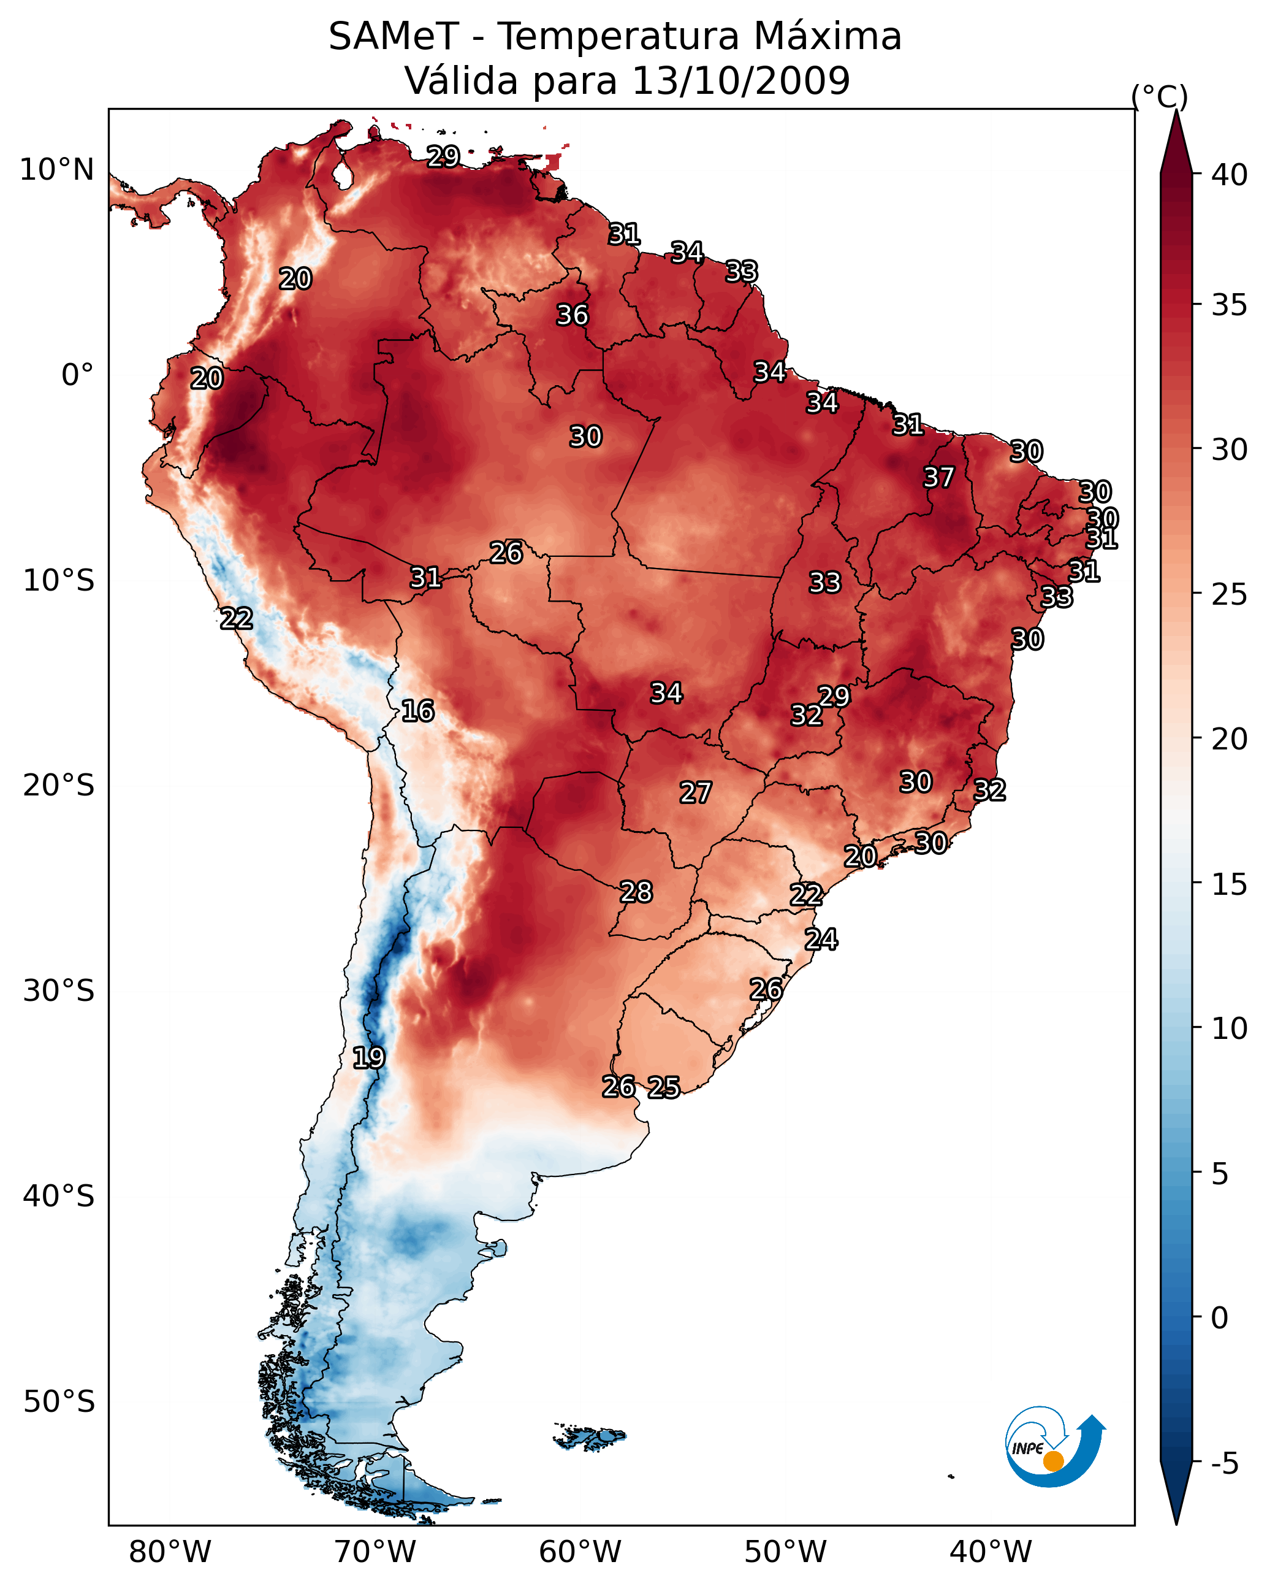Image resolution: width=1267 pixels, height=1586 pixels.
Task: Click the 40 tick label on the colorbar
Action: (x=1230, y=175)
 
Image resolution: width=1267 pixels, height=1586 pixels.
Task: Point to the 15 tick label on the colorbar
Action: (x=1230, y=884)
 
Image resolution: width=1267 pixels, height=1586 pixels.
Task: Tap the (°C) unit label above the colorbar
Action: (x=1159, y=96)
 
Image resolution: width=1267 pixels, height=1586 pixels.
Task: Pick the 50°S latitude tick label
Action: (x=59, y=1401)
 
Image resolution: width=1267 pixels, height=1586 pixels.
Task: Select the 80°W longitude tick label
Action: (x=170, y=1552)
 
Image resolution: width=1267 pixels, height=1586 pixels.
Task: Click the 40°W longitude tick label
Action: (x=991, y=1552)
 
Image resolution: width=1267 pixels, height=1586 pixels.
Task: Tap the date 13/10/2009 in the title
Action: (x=740, y=81)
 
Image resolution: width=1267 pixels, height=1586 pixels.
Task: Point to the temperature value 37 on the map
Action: (x=938, y=477)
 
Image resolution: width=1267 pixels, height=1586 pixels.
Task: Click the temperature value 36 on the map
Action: (x=572, y=315)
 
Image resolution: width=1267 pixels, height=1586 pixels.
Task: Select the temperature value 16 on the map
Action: (x=417, y=711)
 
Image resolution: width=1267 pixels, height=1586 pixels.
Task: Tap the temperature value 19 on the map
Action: (x=368, y=1057)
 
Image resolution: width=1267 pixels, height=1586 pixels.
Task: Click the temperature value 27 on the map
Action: (x=695, y=792)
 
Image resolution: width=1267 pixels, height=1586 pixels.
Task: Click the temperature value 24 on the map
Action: (x=821, y=938)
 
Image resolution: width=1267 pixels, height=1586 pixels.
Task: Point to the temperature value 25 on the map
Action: (x=664, y=1087)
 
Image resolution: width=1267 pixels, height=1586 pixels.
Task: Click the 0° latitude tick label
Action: (x=77, y=375)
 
